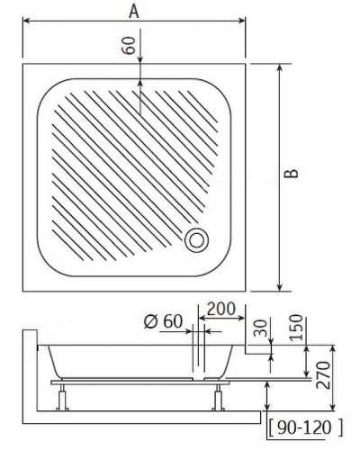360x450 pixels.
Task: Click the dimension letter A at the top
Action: (x=133, y=13)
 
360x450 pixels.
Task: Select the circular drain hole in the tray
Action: (x=195, y=239)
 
